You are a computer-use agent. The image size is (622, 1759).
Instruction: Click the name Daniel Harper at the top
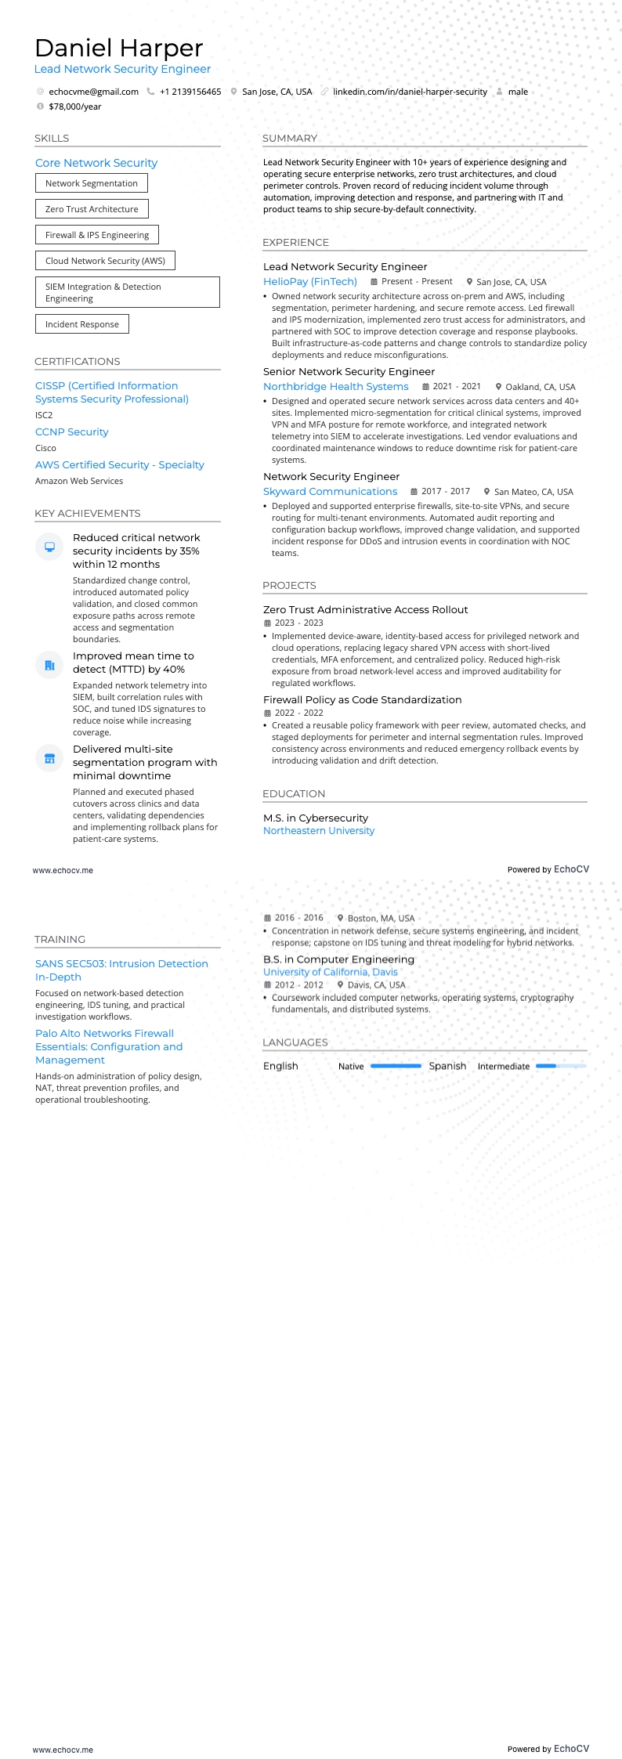(x=119, y=49)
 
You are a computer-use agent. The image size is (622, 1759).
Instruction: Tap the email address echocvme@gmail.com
(x=93, y=92)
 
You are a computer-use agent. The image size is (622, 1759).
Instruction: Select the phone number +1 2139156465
(x=190, y=92)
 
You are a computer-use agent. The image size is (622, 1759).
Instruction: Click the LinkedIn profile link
(x=410, y=92)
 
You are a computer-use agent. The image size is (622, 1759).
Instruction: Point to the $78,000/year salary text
(x=75, y=107)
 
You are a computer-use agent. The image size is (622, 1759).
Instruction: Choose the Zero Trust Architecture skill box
(x=92, y=209)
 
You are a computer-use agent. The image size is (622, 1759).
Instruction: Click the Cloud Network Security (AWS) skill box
(x=105, y=261)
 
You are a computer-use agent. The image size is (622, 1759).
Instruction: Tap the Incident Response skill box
(x=82, y=324)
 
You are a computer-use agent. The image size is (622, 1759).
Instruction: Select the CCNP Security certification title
(x=72, y=432)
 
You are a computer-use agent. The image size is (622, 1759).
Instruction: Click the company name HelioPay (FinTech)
(x=310, y=281)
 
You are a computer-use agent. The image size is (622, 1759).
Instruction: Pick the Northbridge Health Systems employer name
(x=335, y=386)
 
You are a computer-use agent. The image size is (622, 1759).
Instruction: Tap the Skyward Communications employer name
(x=330, y=491)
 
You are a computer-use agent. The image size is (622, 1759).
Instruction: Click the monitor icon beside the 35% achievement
(x=49, y=547)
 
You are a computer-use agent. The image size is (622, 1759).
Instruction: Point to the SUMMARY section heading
(x=290, y=139)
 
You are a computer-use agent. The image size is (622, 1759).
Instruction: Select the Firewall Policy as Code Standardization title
(x=362, y=699)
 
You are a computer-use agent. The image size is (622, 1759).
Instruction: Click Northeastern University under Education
(x=319, y=830)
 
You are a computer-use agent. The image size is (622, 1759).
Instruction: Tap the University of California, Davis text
(x=330, y=972)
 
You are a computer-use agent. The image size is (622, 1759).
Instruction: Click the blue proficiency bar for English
(x=396, y=1066)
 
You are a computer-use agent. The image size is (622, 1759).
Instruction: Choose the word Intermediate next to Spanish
(x=504, y=1067)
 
